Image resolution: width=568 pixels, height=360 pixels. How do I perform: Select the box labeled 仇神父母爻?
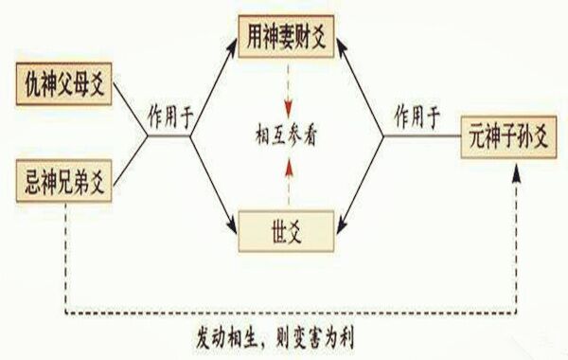tap(63, 87)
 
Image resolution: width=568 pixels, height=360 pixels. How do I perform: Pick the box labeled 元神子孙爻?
tap(508, 135)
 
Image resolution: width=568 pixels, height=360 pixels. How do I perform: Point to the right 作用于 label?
tap(417, 117)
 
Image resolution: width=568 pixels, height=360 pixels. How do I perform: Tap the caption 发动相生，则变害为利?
tap(285, 336)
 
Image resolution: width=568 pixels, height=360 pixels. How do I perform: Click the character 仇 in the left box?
tap(30, 87)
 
